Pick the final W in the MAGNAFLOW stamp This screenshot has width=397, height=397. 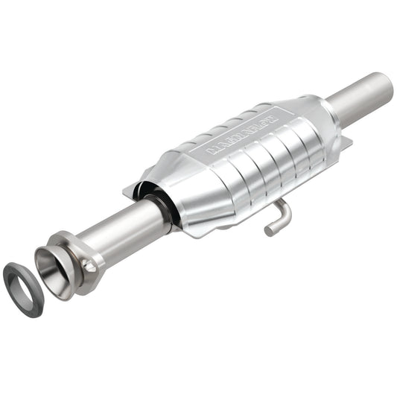tap(271, 115)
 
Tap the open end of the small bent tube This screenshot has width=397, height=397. tap(269, 230)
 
